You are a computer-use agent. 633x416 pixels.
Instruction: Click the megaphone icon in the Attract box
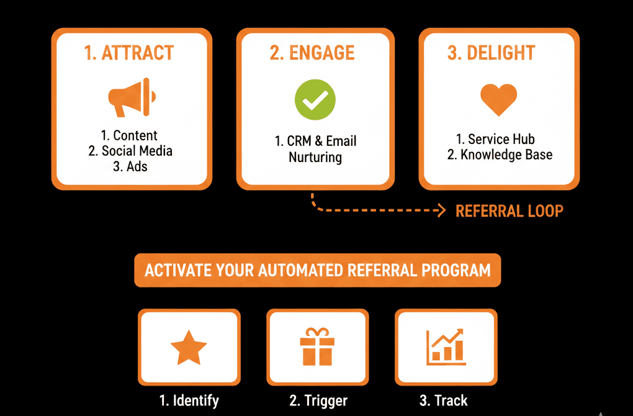[132, 97]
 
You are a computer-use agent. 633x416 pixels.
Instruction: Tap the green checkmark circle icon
[315, 99]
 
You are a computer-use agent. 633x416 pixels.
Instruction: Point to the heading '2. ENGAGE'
[312, 53]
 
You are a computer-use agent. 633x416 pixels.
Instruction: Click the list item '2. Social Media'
[130, 151]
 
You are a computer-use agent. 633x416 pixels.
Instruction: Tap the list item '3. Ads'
[130, 166]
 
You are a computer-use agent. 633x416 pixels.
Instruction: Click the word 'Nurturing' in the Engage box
[315, 157]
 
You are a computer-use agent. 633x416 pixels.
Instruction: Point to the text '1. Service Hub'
[500, 139]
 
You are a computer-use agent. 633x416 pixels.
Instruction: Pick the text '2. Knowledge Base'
[500, 155]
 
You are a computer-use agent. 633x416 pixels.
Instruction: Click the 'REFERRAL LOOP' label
[510, 211]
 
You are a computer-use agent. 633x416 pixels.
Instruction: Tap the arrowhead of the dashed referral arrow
[441, 211]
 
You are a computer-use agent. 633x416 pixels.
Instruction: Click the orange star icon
[189, 348]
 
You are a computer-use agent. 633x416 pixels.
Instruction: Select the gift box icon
[317, 348]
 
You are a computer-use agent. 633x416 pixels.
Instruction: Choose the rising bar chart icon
[446, 347]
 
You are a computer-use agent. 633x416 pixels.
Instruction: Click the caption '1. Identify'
[189, 400]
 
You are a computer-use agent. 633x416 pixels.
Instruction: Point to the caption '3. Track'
[444, 400]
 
